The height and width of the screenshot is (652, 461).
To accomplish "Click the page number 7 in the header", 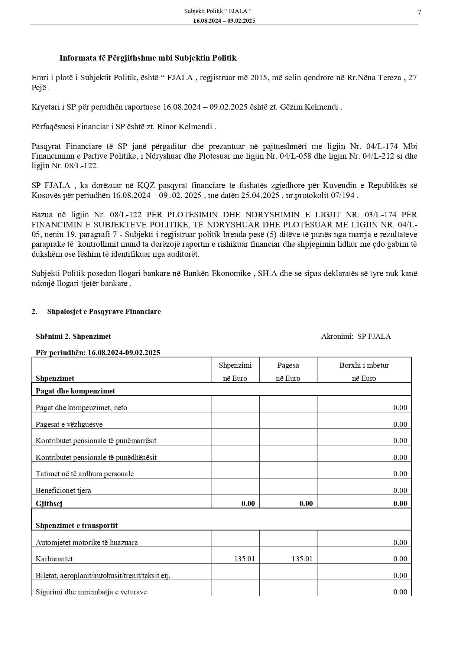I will pos(419,13).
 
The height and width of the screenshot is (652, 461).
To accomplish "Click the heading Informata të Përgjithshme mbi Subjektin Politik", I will pos(148,58).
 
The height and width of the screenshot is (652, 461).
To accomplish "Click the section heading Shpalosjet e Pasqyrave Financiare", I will pos(104,311).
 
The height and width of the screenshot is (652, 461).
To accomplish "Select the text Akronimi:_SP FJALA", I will pos(356,336).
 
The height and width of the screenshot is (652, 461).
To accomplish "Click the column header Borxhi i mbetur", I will pos(364,365).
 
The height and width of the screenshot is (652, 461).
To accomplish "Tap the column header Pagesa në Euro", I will pos(288,372).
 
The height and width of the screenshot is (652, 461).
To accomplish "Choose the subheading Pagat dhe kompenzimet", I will pos(75,391).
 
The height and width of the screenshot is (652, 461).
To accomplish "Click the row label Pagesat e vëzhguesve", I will pos(69,424).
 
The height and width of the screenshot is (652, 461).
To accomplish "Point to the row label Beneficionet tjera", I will pos(63,490).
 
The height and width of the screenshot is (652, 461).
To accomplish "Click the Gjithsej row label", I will pos(49,503).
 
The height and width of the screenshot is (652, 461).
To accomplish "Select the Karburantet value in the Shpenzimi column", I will pos(244,559).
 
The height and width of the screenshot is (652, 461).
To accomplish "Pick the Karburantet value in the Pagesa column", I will pos(302,559).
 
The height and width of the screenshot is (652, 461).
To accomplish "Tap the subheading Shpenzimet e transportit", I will pos(77,525).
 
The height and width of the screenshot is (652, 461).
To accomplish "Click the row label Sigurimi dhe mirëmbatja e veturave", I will pos(91,592).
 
